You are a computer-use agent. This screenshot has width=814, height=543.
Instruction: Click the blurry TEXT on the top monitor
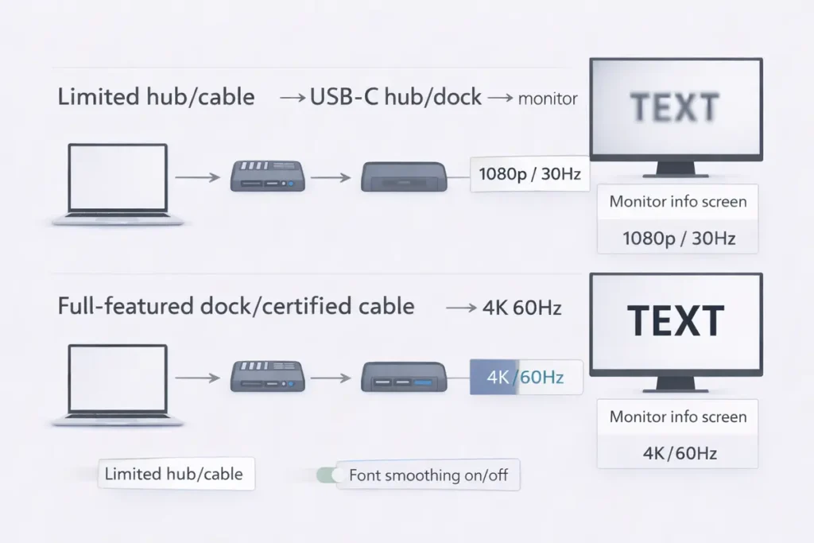click(675, 107)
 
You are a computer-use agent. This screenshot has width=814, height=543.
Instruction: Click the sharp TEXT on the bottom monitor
click(675, 321)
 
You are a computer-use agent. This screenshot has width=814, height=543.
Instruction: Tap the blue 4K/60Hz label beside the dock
click(525, 377)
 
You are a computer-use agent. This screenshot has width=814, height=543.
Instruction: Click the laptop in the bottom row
click(118, 386)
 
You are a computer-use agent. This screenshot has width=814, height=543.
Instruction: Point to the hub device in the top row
click(267, 176)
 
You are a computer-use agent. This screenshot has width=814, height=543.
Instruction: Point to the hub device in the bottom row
click(267, 376)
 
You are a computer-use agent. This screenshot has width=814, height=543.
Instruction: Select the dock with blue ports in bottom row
click(404, 376)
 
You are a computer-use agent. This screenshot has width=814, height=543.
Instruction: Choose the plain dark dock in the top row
click(404, 176)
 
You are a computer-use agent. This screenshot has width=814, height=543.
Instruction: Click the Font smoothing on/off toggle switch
click(327, 475)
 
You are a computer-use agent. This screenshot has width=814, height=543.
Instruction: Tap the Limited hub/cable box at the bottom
click(174, 474)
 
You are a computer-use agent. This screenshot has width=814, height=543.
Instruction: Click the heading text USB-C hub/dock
click(395, 97)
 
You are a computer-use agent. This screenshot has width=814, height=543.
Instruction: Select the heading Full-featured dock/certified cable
click(236, 306)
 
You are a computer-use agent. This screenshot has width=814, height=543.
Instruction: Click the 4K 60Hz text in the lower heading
click(521, 308)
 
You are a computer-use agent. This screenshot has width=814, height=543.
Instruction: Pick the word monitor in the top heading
click(548, 99)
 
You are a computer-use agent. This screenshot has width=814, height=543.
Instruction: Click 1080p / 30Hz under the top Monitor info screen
click(678, 238)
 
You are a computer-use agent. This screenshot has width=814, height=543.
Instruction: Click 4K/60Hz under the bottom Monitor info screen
click(678, 453)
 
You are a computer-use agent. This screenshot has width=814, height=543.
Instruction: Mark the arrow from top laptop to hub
click(197, 177)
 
